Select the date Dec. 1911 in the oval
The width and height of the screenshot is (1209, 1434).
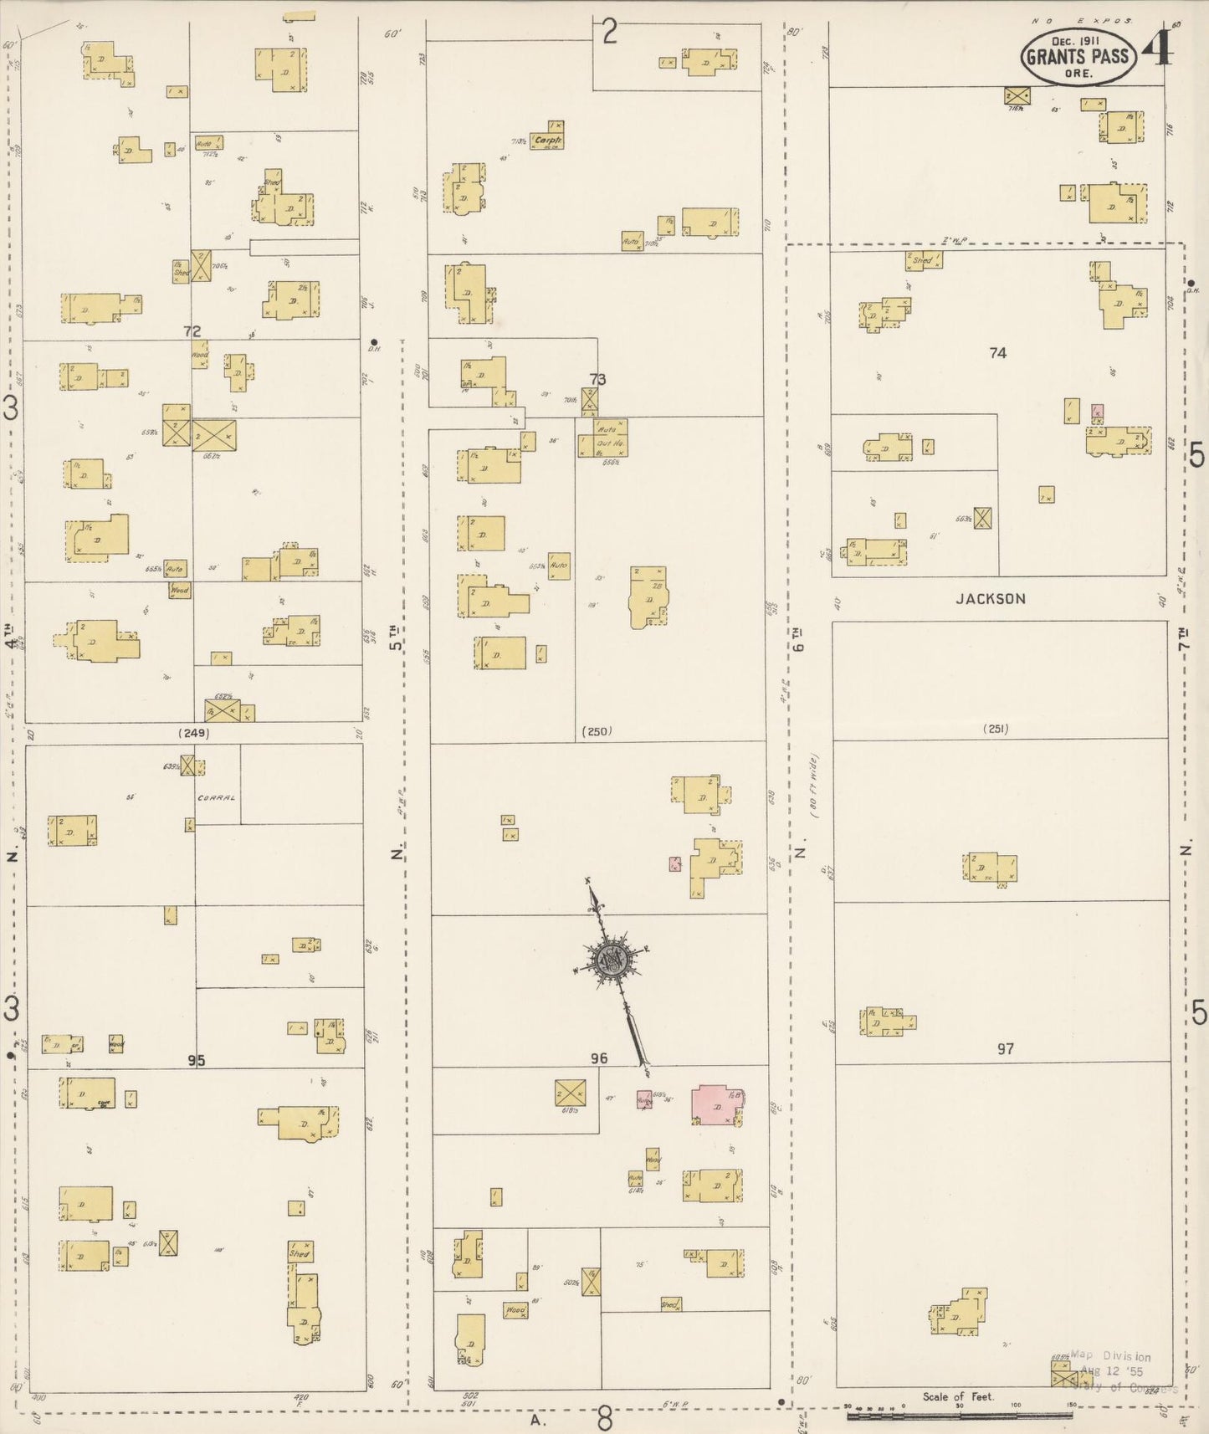(x=1077, y=39)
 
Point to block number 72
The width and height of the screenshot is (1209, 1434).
(x=193, y=331)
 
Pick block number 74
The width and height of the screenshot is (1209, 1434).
(x=996, y=353)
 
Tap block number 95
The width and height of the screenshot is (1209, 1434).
(x=196, y=1060)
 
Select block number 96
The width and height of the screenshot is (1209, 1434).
(x=598, y=1058)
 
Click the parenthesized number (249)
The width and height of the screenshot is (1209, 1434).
(x=193, y=733)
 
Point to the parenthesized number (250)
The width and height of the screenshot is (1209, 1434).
(x=597, y=731)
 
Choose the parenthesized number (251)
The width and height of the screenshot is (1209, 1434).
(x=996, y=729)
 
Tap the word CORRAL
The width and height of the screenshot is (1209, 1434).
(x=217, y=797)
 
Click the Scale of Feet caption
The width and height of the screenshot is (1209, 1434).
(x=958, y=1396)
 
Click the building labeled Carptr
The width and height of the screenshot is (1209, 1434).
(x=546, y=141)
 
